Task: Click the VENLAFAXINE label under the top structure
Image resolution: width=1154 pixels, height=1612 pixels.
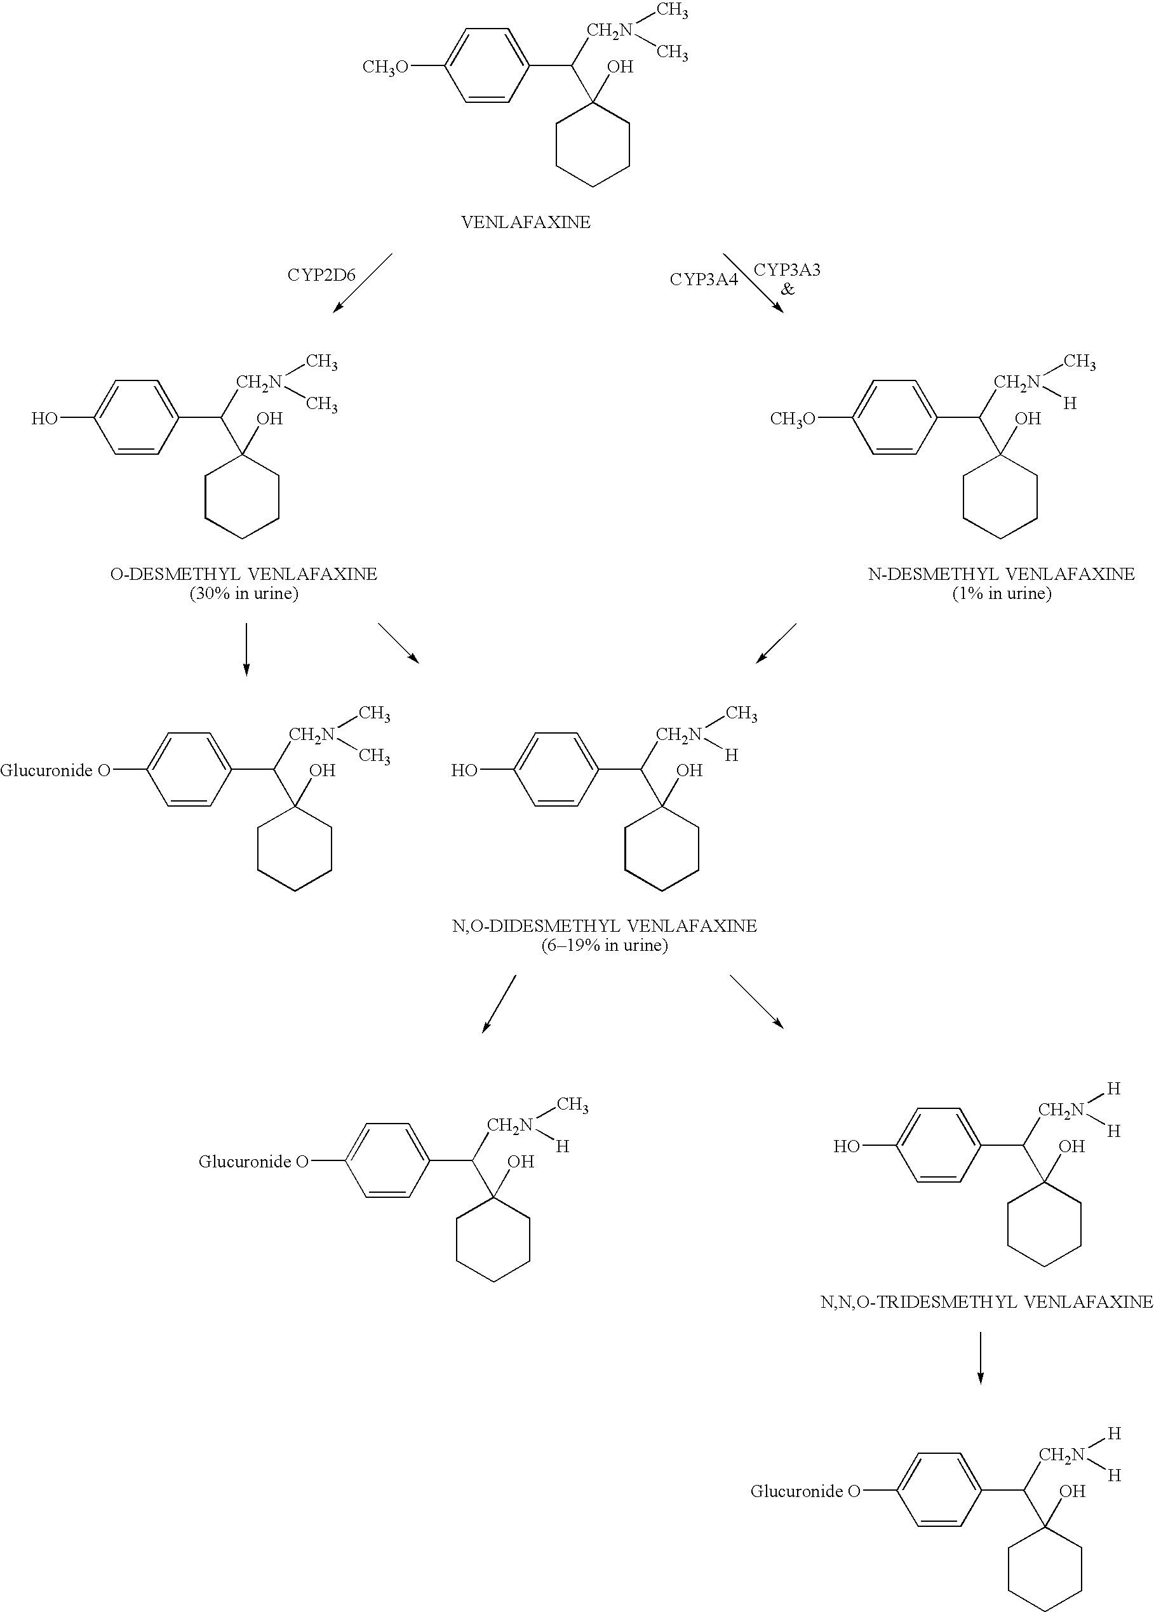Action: pyautogui.click(x=526, y=222)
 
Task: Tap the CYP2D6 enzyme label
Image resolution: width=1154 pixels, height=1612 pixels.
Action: pyautogui.click(x=321, y=275)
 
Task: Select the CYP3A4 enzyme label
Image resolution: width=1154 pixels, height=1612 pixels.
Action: pyautogui.click(x=704, y=279)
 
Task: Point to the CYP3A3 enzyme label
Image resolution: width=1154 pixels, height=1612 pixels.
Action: pyautogui.click(x=787, y=270)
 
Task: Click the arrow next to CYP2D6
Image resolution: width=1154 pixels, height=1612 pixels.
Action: pyautogui.click(x=363, y=283)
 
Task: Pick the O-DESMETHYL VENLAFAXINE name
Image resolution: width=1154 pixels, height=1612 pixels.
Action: pyautogui.click(x=244, y=574)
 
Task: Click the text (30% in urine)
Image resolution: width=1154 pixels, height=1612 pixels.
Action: pyautogui.click(x=244, y=594)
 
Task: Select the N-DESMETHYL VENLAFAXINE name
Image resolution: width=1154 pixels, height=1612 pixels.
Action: pyautogui.click(x=1001, y=574)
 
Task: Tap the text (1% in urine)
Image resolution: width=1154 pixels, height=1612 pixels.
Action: pyautogui.click(x=1002, y=594)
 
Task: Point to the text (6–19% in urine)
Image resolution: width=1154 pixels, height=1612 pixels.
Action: pyautogui.click(x=605, y=946)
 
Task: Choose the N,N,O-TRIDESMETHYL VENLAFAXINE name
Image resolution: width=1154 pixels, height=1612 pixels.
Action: pyautogui.click(x=987, y=1302)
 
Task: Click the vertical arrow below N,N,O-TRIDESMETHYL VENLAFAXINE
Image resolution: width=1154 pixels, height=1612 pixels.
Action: pyautogui.click(x=981, y=1358)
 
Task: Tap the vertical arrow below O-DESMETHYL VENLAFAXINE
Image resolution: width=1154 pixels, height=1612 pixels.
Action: pyautogui.click(x=246, y=649)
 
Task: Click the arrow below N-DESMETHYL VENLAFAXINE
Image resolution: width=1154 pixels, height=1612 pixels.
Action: pyautogui.click(x=776, y=643)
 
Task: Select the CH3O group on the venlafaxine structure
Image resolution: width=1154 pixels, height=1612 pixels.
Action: pyautogui.click(x=385, y=67)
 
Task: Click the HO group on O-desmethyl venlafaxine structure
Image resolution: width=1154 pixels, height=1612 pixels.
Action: pyautogui.click(x=44, y=419)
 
